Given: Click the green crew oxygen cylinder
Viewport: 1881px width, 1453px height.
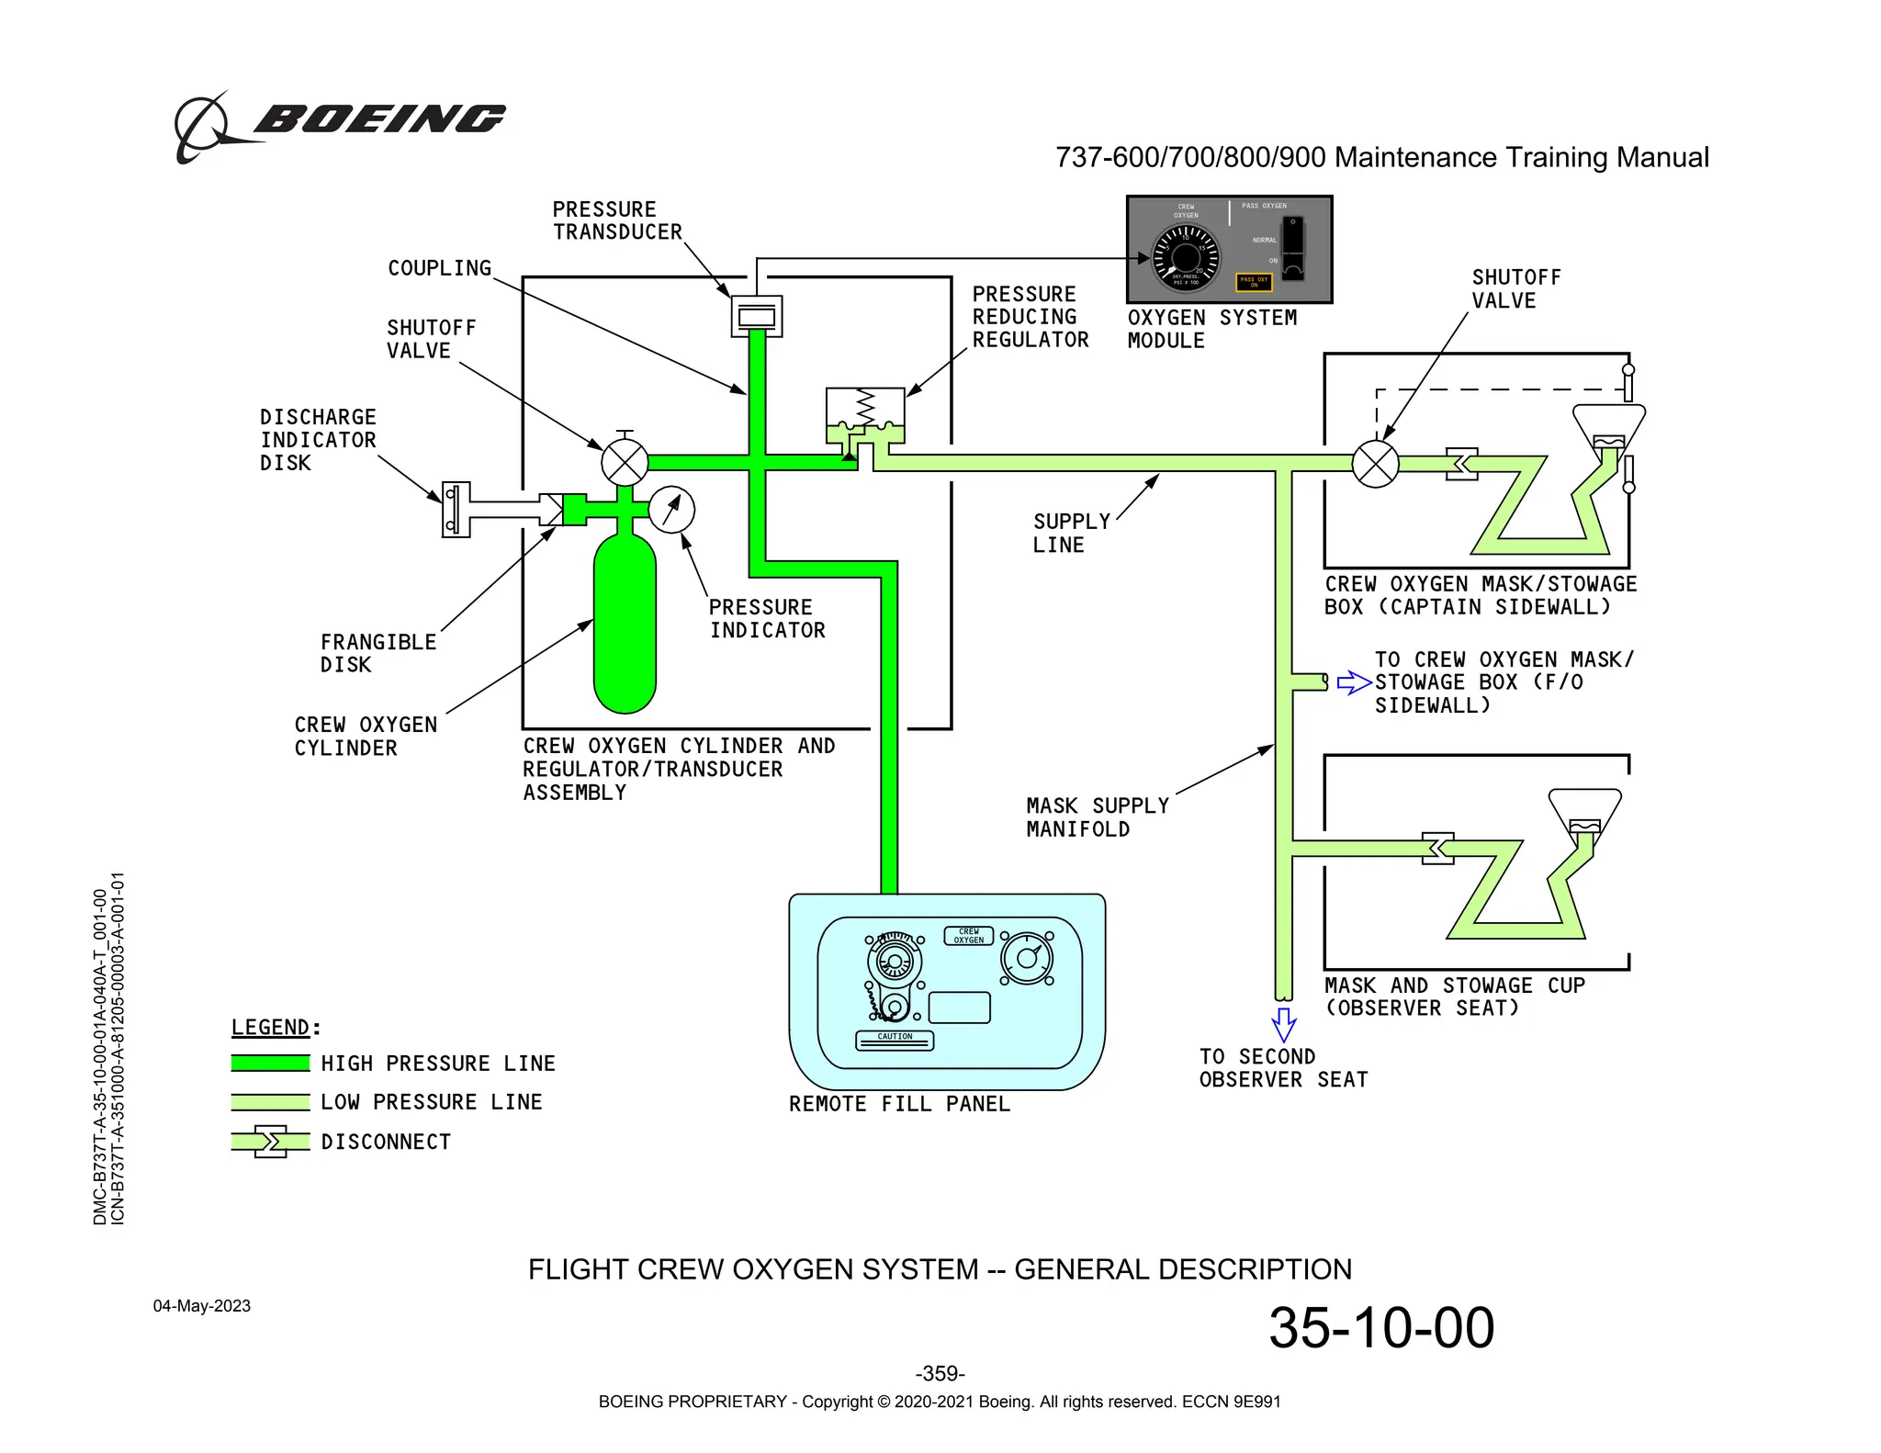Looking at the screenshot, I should [625, 625].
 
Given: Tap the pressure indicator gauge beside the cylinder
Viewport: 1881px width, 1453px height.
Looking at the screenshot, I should [671, 509].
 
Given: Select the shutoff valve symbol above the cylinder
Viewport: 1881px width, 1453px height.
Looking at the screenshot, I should [625, 462].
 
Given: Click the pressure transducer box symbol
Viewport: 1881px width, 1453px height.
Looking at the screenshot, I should [756, 317].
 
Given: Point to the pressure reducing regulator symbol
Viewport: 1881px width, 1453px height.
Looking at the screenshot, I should [865, 418].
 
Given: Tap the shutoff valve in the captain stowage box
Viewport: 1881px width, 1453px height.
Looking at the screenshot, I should [1375, 464].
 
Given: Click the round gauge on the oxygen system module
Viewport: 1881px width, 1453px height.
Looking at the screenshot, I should [1186, 256].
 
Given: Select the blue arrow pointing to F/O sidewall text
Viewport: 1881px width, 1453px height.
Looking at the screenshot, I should [1354, 682].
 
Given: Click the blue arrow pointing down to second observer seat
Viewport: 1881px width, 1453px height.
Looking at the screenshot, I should [1283, 1023].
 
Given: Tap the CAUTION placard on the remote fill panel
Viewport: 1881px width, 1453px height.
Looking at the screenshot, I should [895, 1039].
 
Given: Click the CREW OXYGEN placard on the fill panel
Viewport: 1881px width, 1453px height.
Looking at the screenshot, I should [969, 936].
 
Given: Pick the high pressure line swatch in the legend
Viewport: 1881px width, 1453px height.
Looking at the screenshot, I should [270, 1063].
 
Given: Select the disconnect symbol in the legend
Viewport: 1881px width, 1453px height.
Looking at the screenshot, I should [270, 1142].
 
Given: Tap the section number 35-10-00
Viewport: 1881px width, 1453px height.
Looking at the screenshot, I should [1380, 1327].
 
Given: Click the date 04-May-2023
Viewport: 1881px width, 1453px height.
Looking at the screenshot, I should [201, 1306].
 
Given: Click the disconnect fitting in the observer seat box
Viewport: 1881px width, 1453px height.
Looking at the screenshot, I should [1437, 848].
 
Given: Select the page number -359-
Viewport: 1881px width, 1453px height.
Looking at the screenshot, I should [940, 1373].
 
